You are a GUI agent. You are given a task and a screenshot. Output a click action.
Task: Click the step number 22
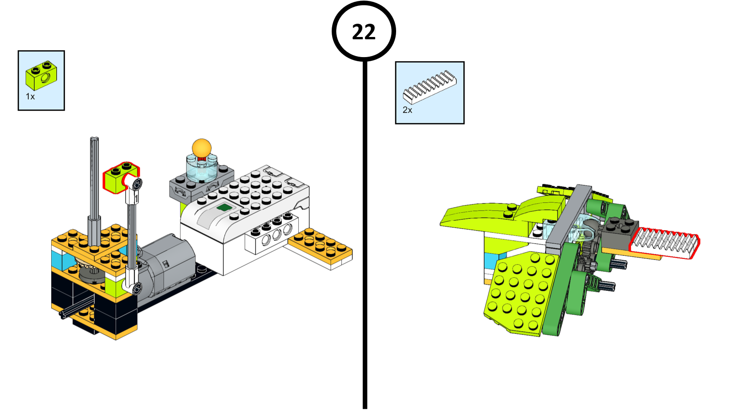click(364, 32)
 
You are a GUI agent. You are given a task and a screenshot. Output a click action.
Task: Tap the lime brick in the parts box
click(41, 76)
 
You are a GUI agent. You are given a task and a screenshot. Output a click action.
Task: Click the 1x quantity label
click(30, 97)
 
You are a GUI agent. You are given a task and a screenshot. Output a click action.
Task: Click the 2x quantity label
click(407, 110)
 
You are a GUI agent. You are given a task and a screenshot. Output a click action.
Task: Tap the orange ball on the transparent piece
click(201, 148)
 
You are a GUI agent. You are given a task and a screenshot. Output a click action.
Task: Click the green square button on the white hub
click(224, 208)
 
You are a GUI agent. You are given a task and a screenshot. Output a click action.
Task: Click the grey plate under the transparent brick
click(183, 187)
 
